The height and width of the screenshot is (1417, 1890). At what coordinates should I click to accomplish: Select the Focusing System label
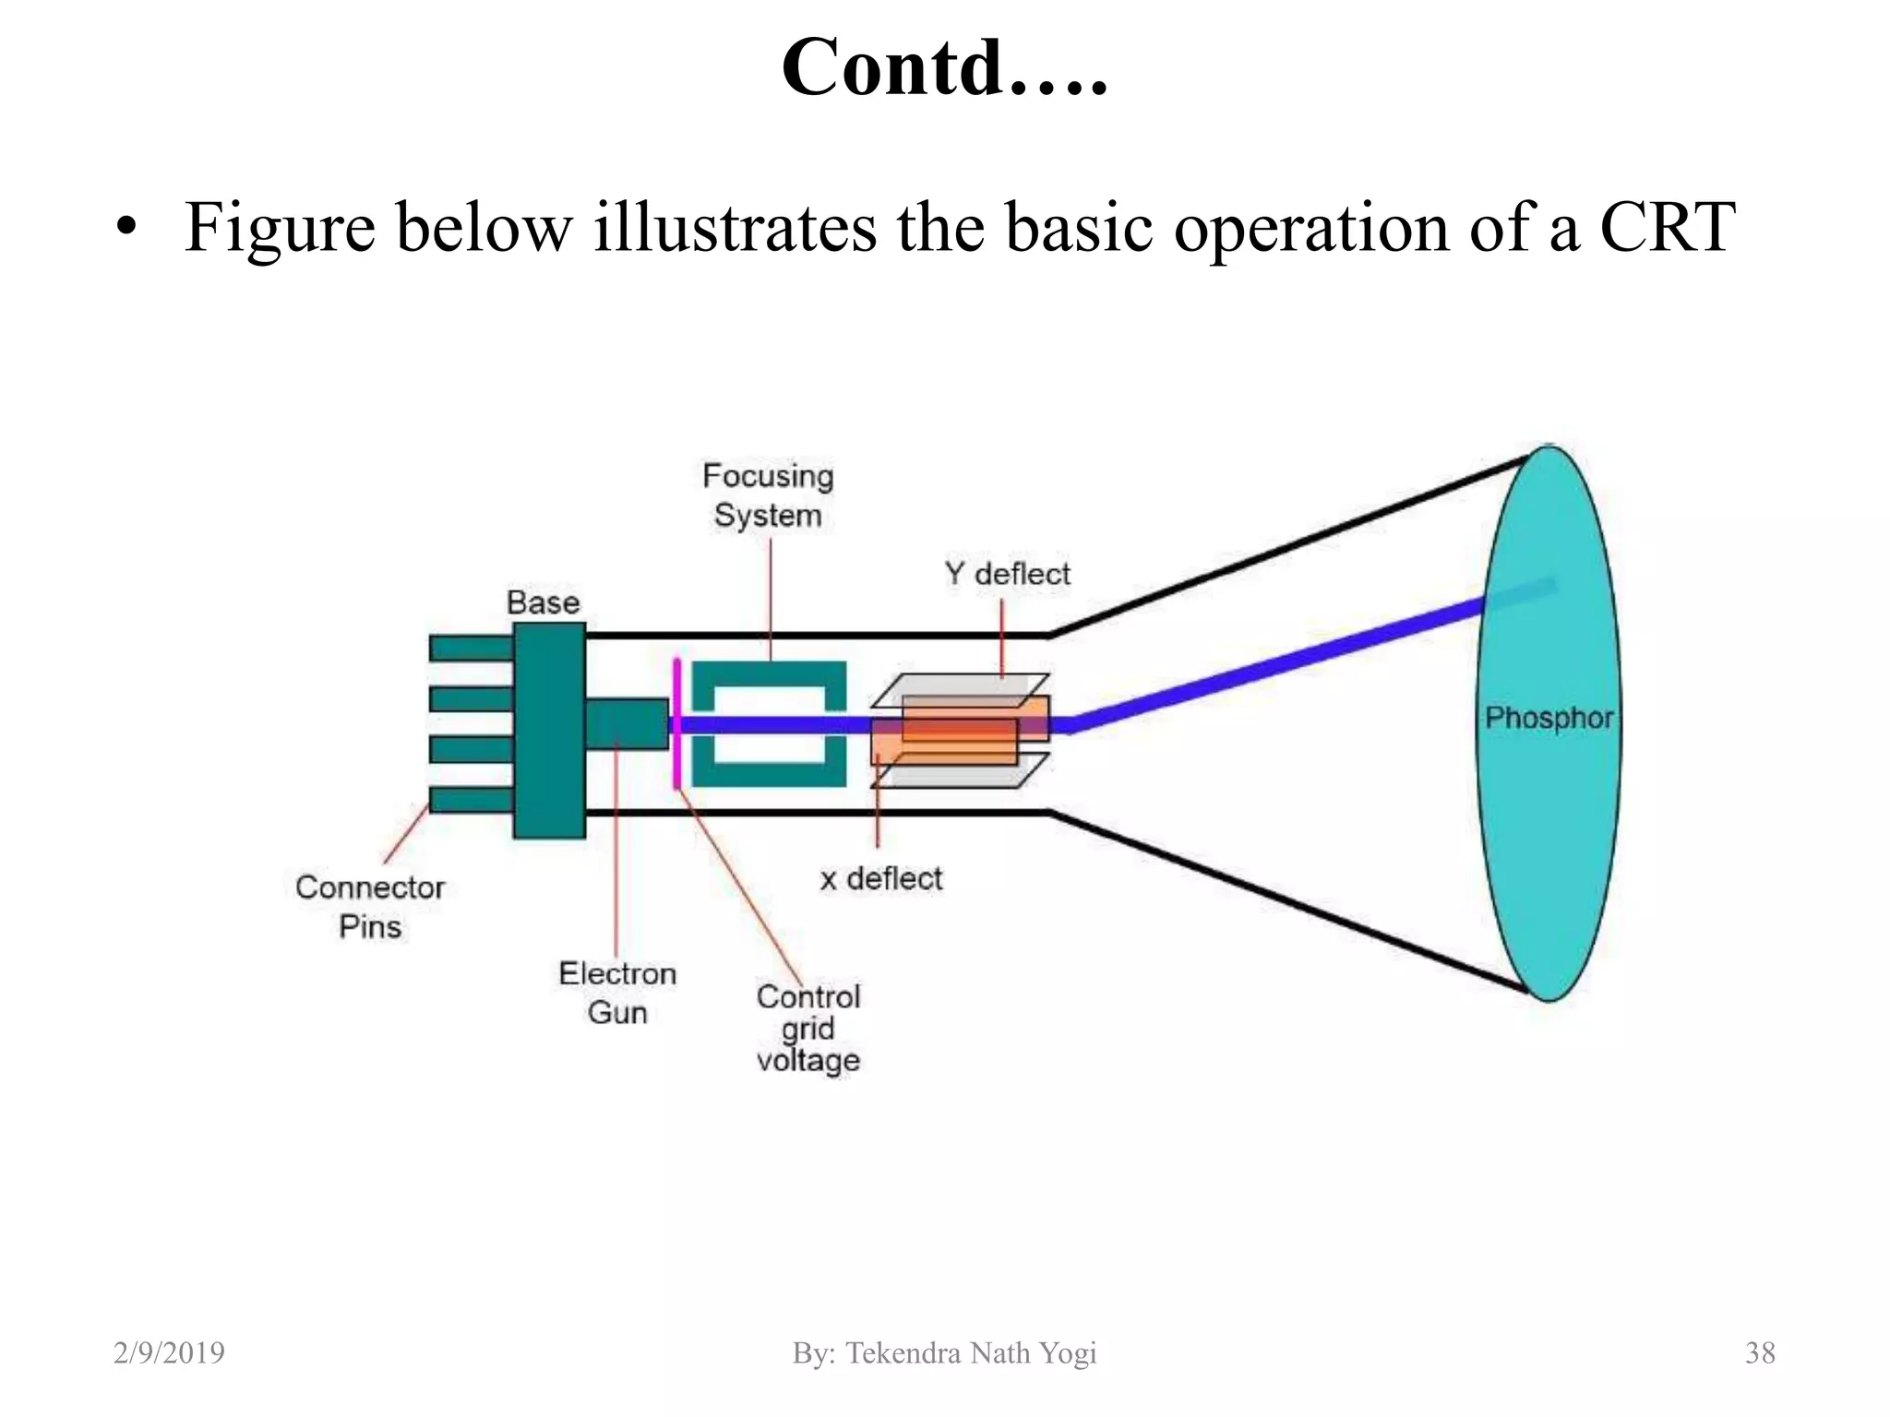tap(768, 495)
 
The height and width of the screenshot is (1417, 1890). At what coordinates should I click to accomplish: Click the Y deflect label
tap(1007, 574)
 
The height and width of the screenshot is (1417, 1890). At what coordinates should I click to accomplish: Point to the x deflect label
tap(881, 878)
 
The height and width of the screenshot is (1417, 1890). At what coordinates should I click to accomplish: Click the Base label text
tap(543, 602)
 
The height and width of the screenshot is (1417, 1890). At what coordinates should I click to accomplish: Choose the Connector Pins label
tap(370, 906)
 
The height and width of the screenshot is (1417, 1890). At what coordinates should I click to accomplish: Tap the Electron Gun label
tap(617, 993)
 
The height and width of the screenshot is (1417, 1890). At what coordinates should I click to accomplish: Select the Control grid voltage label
tap(808, 1028)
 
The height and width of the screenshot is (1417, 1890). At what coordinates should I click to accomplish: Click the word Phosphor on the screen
tap(1549, 718)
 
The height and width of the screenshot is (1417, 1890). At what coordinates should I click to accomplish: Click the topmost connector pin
tap(472, 649)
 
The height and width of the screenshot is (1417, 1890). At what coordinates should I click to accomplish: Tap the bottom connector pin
tap(472, 799)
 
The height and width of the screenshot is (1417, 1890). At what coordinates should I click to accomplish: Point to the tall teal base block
tap(550, 730)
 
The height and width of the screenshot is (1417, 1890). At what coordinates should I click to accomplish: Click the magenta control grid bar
tap(676, 723)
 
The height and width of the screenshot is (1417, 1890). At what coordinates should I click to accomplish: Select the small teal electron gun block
tap(627, 723)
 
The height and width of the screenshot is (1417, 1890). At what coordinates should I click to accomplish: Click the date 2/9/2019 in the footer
tap(169, 1352)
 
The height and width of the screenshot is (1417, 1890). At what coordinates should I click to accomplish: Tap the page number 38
tap(1760, 1352)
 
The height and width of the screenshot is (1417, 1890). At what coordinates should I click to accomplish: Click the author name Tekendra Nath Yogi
tap(971, 1352)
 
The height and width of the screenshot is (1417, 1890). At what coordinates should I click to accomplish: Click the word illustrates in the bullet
tap(734, 227)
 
